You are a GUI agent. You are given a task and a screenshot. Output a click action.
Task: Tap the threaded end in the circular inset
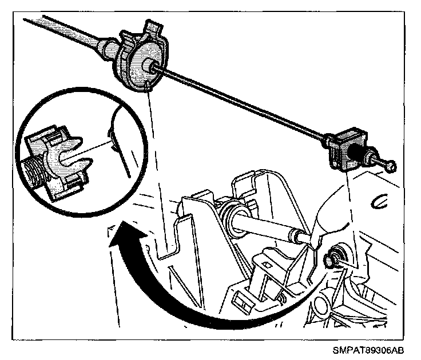pos(34,168)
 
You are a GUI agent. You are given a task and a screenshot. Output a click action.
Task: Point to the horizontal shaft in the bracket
pos(263,223)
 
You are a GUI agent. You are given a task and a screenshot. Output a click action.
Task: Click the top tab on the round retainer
pos(153,26)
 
